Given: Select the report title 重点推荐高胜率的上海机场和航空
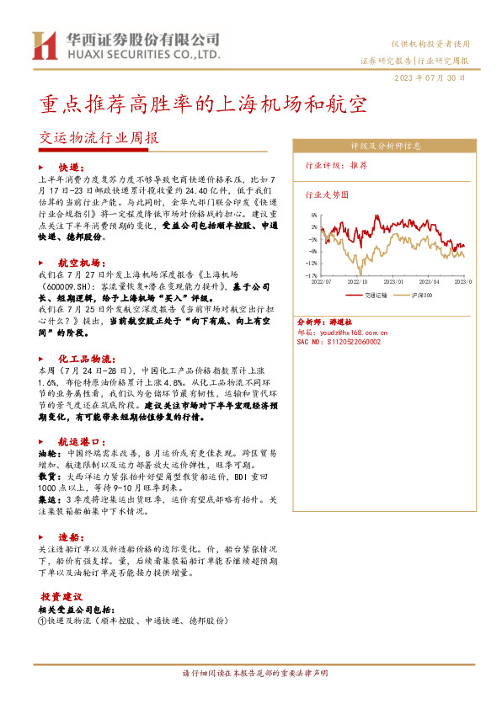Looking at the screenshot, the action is click(x=203, y=104).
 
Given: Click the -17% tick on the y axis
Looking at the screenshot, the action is click(x=311, y=275).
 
